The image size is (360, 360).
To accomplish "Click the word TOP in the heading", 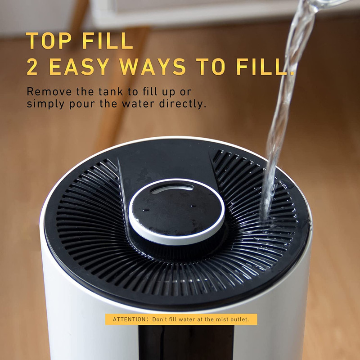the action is click(x=49, y=40).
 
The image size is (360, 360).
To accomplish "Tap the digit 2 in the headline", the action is click(x=32, y=67).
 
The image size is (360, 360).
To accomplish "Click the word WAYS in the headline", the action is click(x=152, y=67).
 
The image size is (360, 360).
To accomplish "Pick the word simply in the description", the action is click(x=46, y=104).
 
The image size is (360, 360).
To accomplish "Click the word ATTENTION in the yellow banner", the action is click(x=129, y=319).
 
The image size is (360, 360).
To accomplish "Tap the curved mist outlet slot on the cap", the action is click(x=172, y=189).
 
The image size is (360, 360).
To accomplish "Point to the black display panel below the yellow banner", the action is click(x=186, y=342).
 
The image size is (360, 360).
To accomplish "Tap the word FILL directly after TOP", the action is click(x=108, y=40).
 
